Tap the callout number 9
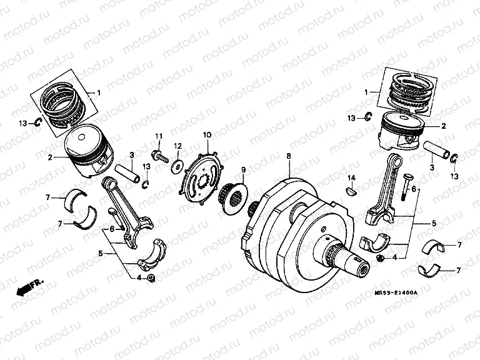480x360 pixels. point(244,169)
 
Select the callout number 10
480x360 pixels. point(207,134)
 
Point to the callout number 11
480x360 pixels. point(159,136)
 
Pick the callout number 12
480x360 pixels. point(177,146)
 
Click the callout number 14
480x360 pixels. point(352,178)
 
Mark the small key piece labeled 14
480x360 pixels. point(351,192)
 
